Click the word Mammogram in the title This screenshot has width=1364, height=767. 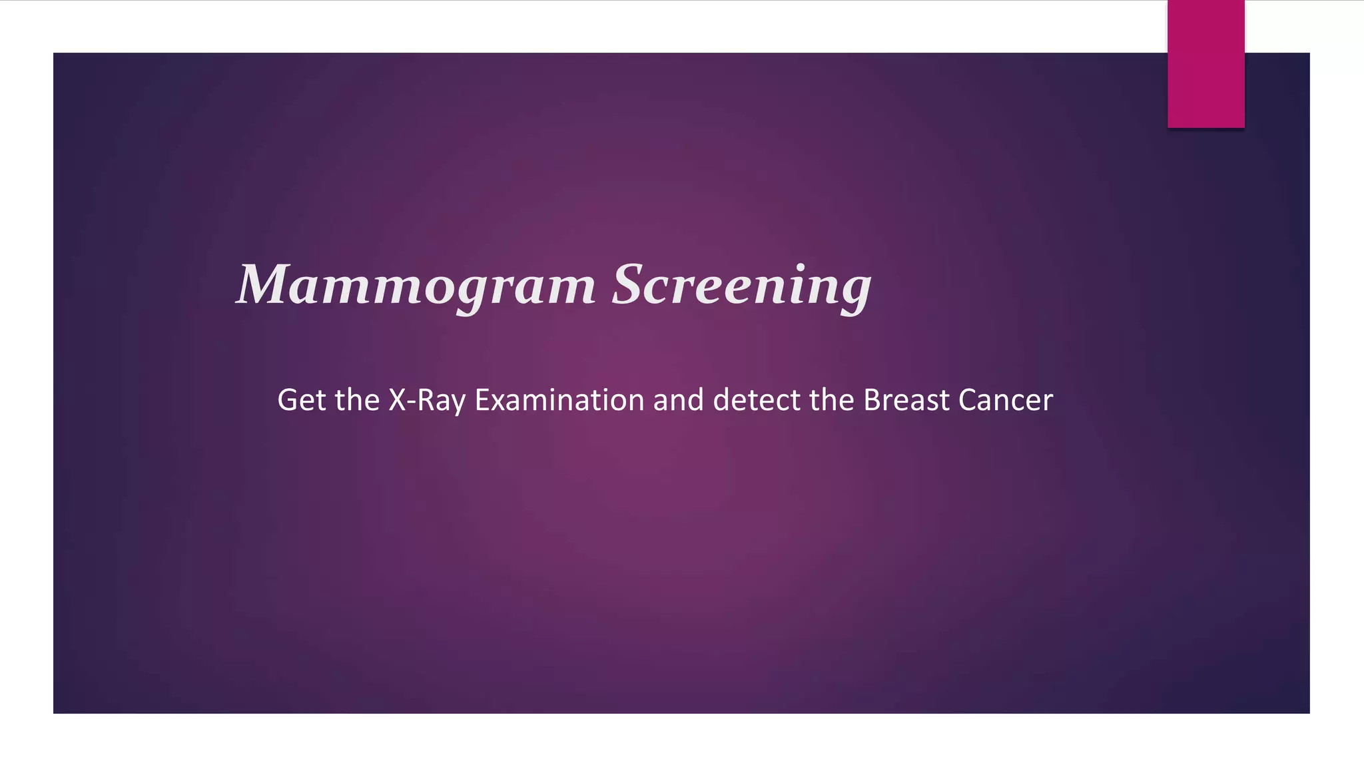click(x=416, y=286)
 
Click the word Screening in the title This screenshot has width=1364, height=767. click(x=741, y=286)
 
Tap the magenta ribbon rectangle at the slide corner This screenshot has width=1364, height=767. click(x=1205, y=64)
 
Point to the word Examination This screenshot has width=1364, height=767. click(x=559, y=400)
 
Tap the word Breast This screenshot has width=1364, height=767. click(x=906, y=400)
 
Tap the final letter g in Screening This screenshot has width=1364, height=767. click(x=854, y=293)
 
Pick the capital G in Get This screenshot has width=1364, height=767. click(x=287, y=400)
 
